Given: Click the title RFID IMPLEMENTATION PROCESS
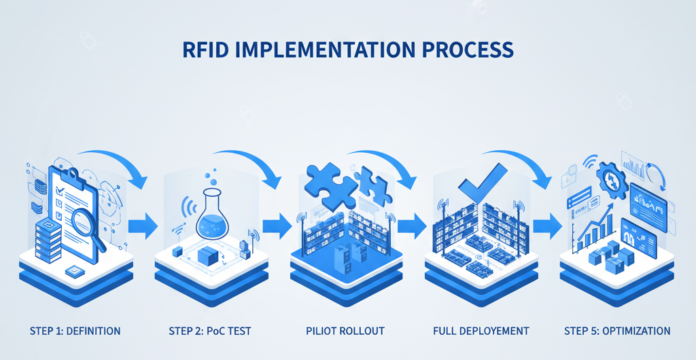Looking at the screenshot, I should [348, 50].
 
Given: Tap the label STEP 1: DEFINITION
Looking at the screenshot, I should [75, 331].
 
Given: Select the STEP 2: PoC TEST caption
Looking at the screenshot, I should [209, 331].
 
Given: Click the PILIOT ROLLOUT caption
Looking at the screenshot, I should [345, 331].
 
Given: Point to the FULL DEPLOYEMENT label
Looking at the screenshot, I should [481, 331].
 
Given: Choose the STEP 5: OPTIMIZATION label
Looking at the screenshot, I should [617, 331].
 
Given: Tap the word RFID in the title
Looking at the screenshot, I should [207, 50].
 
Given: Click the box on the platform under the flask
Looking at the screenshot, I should [206, 256].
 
